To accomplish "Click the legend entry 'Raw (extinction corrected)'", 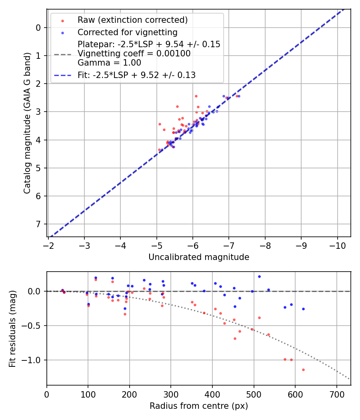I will point(132,20).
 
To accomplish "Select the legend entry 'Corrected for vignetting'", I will point(128,32).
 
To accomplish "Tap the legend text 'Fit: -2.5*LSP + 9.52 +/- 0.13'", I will point(136,75).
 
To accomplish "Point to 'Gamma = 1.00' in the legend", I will point(110,62).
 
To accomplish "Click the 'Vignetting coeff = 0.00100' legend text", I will point(134,54).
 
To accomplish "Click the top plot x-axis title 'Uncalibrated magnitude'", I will point(199,257).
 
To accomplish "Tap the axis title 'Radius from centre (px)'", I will point(199,406).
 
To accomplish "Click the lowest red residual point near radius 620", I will point(303,370).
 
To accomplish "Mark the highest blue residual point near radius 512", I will point(259,276).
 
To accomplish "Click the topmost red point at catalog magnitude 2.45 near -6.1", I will point(196,96).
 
